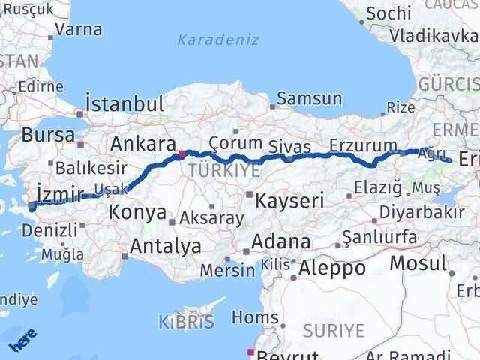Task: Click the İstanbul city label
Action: [x=124, y=104]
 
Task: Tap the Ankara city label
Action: [x=142, y=143]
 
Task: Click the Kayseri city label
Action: [x=289, y=200]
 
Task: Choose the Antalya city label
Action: [x=165, y=245]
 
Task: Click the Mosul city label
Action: [x=417, y=263]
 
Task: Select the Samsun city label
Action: [x=310, y=98]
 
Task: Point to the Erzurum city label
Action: [x=363, y=145]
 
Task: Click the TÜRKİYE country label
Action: [x=213, y=171]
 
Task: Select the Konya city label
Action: [x=137, y=212]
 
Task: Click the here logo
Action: [x=22, y=341]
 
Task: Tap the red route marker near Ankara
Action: [x=181, y=154]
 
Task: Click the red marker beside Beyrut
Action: [x=250, y=351]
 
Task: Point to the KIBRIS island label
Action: [x=186, y=322]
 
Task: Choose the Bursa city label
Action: [x=49, y=136]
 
